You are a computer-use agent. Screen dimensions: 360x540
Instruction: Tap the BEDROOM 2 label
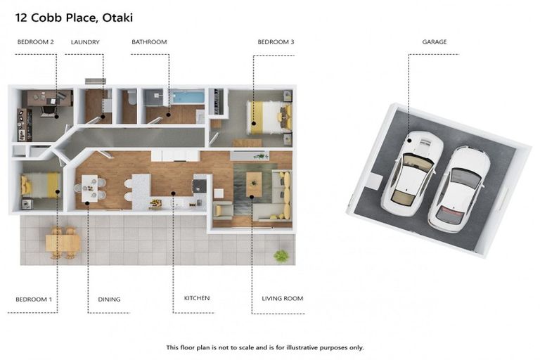tap(35, 42)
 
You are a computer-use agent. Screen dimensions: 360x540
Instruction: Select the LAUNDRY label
tap(85, 42)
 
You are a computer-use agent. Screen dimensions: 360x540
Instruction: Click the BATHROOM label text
tap(149, 42)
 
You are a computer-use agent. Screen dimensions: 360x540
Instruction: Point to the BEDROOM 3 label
tap(276, 42)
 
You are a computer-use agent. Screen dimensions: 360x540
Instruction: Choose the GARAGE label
tap(434, 42)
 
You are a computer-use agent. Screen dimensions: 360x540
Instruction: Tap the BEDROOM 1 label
tap(34, 300)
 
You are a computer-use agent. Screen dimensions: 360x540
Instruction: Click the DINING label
tap(109, 300)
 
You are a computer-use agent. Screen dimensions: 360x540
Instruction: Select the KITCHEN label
tap(197, 299)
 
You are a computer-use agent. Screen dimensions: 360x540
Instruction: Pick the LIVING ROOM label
tap(283, 299)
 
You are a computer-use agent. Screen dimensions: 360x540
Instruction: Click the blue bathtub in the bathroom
tap(187, 97)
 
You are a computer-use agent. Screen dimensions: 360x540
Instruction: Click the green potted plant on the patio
tap(281, 255)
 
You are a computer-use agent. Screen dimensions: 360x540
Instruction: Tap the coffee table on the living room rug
tap(254, 184)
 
